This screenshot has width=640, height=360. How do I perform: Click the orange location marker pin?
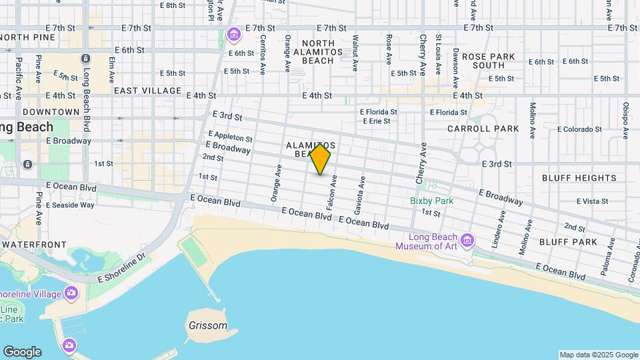(x=321, y=159)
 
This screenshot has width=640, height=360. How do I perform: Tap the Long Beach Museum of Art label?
(x=435, y=241)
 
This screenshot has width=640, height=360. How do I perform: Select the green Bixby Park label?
(x=431, y=200)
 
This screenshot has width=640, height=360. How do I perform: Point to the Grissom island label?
(x=207, y=327)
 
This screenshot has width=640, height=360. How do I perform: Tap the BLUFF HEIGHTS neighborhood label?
(x=579, y=178)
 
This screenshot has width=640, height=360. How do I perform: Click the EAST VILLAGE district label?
(x=147, y=90)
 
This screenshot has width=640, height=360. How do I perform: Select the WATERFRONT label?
(x=29, y=245)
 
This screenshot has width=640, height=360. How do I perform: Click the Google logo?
(x=21, y=351)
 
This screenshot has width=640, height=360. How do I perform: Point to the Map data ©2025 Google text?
(x=598, y=355)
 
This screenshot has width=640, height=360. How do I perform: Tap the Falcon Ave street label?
(x=331, y=191)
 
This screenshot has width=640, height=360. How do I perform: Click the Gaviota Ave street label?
(x=363, y=191)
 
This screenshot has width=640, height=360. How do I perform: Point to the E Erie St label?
(x=377, y=121)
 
